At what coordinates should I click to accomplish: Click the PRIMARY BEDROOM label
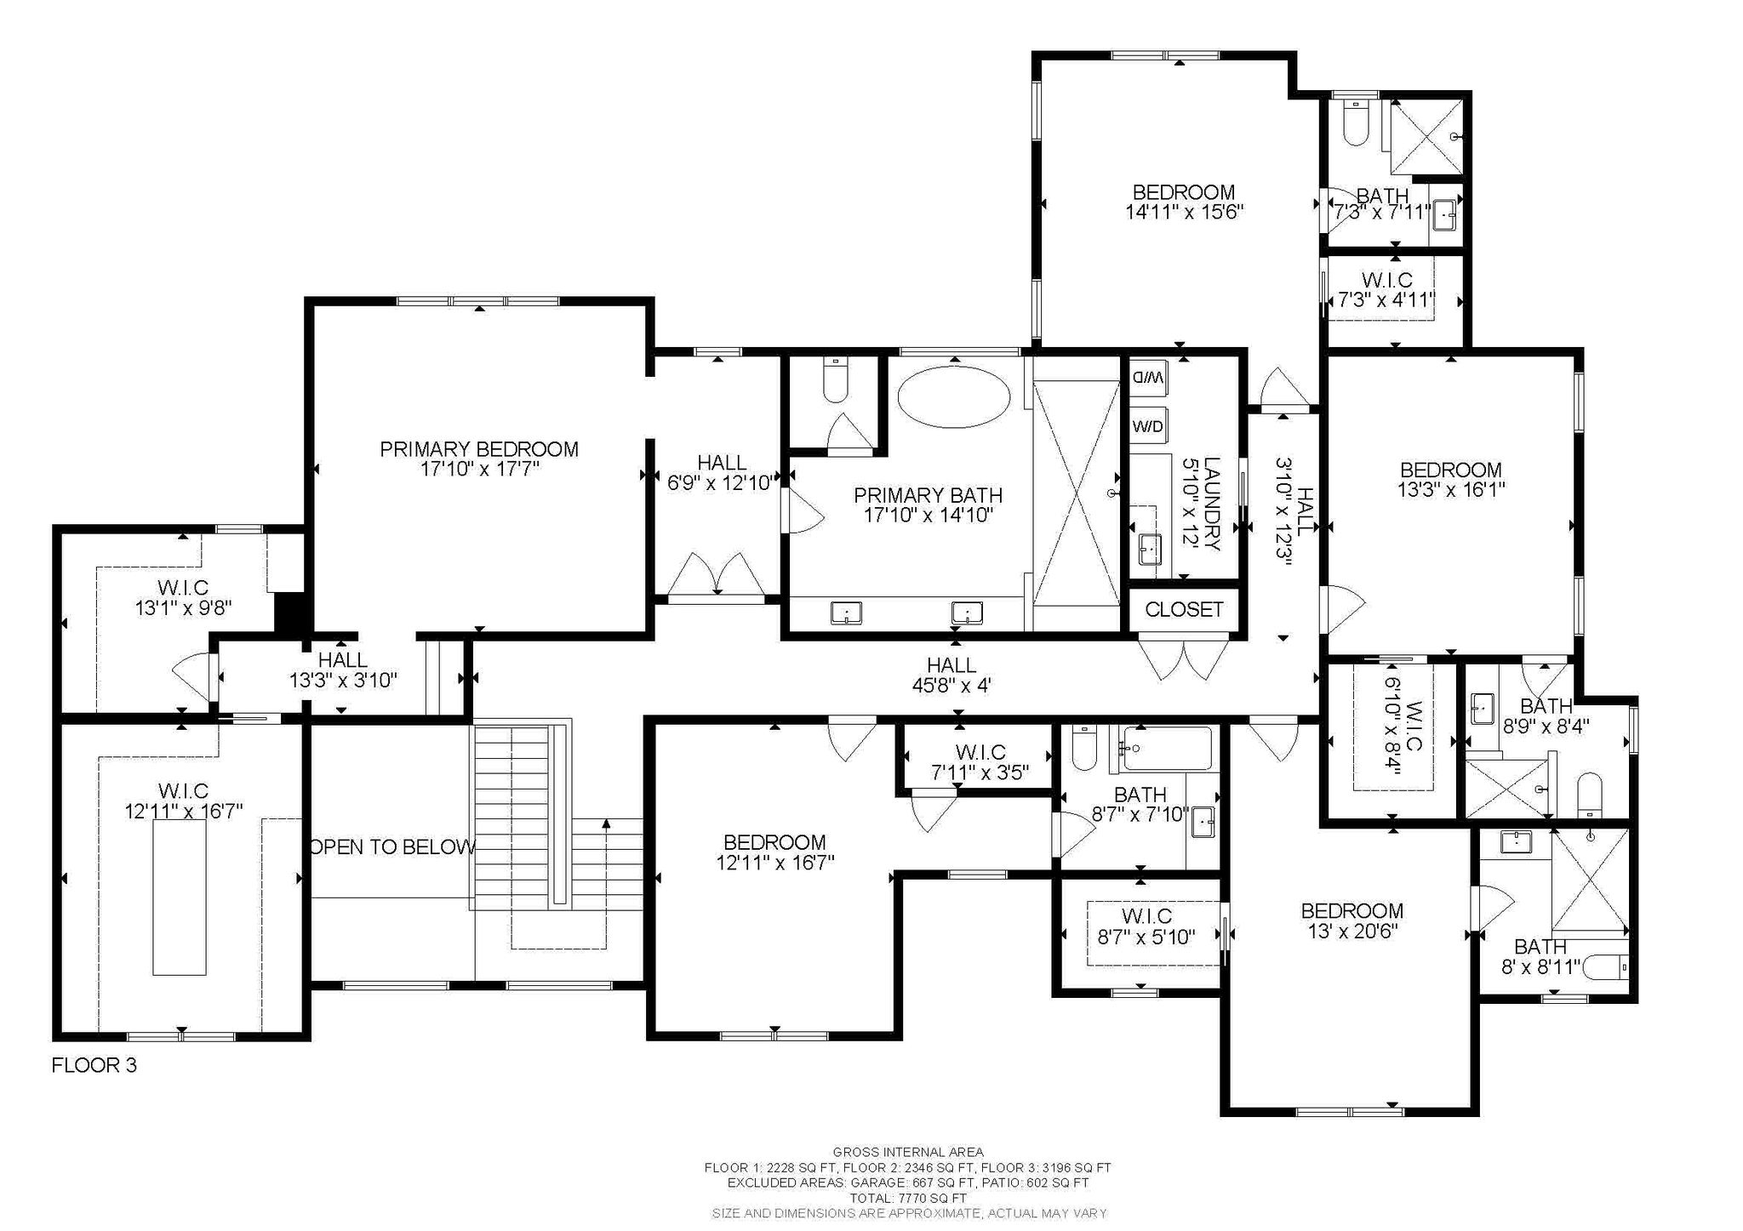(479, 449)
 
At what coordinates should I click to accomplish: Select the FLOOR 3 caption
(94, 1065)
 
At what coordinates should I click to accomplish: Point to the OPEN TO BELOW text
(392, 847)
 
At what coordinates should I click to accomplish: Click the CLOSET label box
(1184, 609)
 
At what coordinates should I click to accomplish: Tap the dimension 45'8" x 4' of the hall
(952, 686)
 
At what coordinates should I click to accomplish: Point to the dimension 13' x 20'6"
(1352, 931)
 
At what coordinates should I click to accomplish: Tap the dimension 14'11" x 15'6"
(1185, 212)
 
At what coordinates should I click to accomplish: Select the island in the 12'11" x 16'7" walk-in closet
(179, 899)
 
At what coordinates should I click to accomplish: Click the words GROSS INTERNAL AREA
(908, 1153)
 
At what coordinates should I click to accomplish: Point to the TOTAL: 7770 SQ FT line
(908, 1198)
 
